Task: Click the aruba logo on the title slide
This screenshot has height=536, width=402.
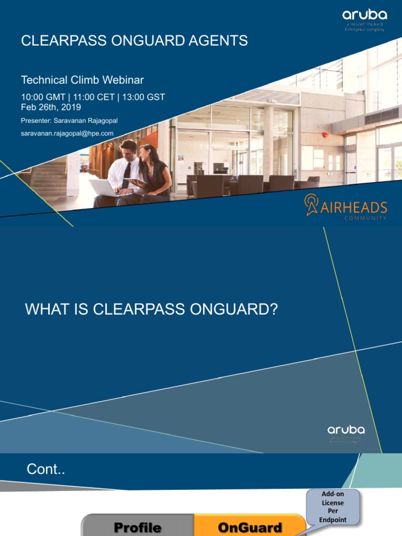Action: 365,16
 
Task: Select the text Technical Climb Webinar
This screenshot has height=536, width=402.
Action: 82,80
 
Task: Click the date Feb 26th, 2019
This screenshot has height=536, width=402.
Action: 51,107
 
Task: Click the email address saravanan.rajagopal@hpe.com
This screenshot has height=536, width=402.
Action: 67,133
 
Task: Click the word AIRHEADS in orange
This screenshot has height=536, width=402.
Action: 354,207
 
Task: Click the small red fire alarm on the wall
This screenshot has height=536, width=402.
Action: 325,135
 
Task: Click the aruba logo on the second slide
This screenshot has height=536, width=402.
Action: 346,430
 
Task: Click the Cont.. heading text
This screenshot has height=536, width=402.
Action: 46,470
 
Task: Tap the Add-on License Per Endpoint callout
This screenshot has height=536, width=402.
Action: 333,507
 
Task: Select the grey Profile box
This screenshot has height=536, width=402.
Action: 138,527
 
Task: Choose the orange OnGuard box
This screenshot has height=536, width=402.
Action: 250,527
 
